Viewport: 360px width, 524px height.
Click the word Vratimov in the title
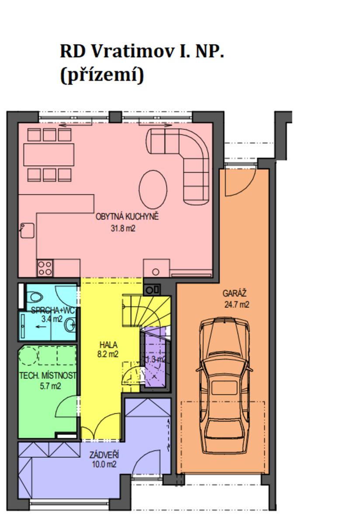133,51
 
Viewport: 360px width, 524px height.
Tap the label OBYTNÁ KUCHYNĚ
127,217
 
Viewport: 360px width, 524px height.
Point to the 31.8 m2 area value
123,228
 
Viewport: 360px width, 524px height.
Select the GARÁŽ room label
234,293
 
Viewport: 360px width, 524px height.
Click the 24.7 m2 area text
237,304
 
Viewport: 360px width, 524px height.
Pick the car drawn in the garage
224,386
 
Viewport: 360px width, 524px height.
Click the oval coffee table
153,190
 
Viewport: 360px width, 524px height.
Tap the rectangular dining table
49,155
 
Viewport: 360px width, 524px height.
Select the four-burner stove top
45,268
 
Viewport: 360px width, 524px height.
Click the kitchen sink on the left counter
27,231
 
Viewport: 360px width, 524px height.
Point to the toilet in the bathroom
35,297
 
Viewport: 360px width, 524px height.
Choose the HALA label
108,345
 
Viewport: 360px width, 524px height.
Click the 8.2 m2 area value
108,354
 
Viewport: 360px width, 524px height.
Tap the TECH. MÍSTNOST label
48,376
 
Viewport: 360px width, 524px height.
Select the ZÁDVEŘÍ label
104,455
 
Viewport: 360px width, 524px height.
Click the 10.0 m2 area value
104,464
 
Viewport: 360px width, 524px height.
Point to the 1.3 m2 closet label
156,359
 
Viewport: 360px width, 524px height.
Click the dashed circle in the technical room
28,355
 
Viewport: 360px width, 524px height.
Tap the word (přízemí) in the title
102,75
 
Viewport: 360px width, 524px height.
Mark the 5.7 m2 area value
50,386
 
